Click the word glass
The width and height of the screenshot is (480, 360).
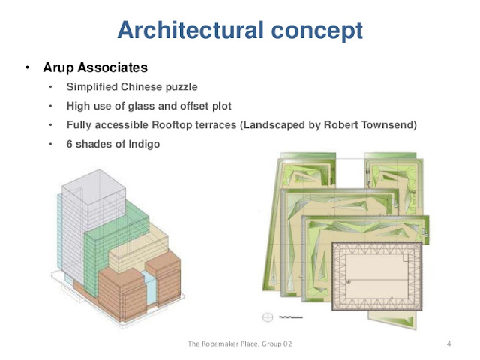pos(142,106)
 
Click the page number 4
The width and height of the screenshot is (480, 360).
pos(448,344)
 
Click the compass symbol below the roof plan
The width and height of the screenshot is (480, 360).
pos(267,316)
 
